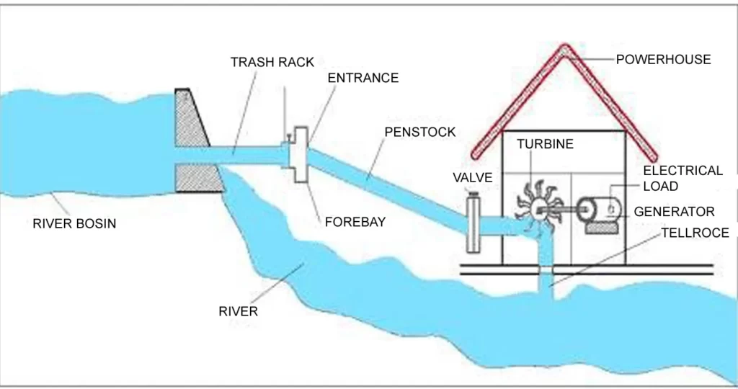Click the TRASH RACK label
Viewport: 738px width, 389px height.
[x=272, y=62]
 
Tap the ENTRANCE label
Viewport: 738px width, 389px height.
[x=363, y=78]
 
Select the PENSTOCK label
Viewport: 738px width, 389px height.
[x=420, y=132]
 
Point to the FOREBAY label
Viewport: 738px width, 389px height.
[x=355, y=222]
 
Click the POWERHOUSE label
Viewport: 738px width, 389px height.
[x=663, y=59]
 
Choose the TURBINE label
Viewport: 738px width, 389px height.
[x=545, y=144]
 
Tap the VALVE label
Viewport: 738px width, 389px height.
[x=472, y=177]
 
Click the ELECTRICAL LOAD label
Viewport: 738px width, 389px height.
[x=682, y=179]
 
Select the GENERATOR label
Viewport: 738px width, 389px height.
[x=674, y=212]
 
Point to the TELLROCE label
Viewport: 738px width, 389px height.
[x=695, y=233]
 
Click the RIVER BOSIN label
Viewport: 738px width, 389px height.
[x=74, y=223]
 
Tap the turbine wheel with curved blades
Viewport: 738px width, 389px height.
[x=537, y=206]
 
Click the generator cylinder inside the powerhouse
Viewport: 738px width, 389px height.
[x=603, y=210]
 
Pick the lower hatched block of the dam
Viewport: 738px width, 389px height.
[x=197, y=178]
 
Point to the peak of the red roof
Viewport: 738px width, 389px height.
[x=564, y=49]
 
